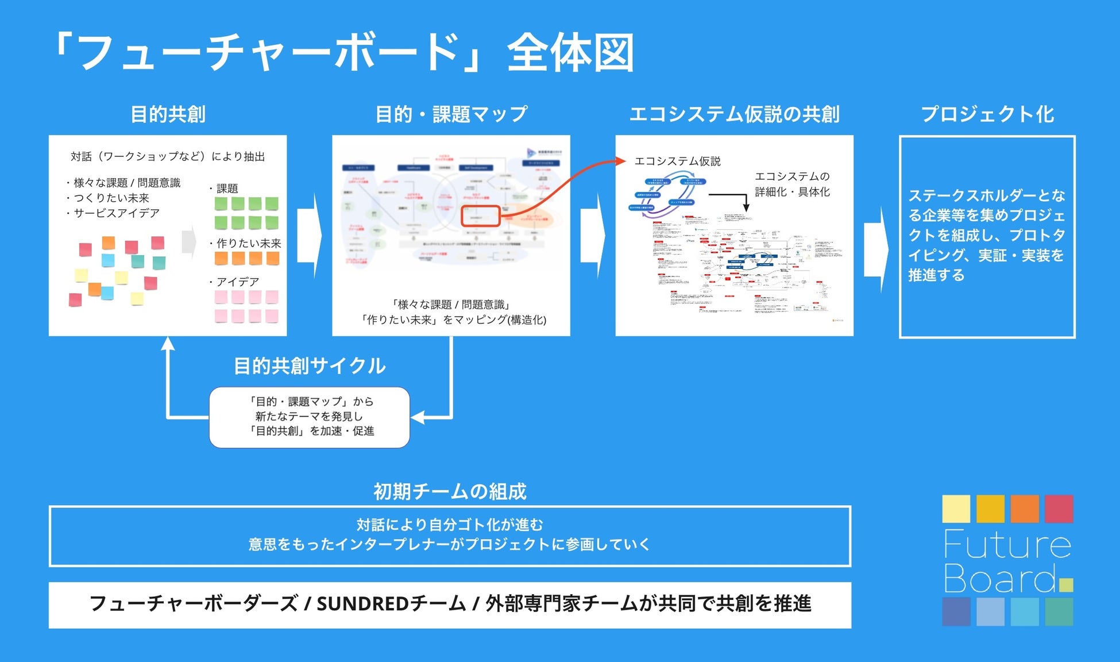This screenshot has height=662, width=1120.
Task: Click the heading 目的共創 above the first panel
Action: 168,114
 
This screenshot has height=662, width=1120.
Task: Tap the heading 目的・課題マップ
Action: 451,114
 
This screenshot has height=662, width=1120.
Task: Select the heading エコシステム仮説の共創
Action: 734,114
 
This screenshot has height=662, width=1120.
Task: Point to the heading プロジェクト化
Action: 987,114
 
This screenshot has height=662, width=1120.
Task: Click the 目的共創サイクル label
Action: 310,366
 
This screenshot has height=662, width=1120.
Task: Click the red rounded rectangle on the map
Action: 481,216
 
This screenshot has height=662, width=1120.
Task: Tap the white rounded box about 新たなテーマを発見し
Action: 309,417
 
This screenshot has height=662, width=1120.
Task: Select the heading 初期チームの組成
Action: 450,491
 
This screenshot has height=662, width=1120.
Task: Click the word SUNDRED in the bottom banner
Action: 362,604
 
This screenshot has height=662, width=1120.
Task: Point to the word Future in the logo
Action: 1007,544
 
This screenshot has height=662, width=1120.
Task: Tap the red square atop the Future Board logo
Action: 1059,509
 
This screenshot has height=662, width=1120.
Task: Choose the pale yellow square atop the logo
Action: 956,509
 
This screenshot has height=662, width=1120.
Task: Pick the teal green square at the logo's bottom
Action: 1059,611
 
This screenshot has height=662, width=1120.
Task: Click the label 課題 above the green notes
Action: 227,188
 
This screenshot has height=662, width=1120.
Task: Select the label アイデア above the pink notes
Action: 237,282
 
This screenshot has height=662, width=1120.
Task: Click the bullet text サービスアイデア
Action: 116,213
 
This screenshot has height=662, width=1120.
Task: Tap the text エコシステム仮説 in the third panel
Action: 677,161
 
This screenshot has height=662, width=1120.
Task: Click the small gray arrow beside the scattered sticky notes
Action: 189,242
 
